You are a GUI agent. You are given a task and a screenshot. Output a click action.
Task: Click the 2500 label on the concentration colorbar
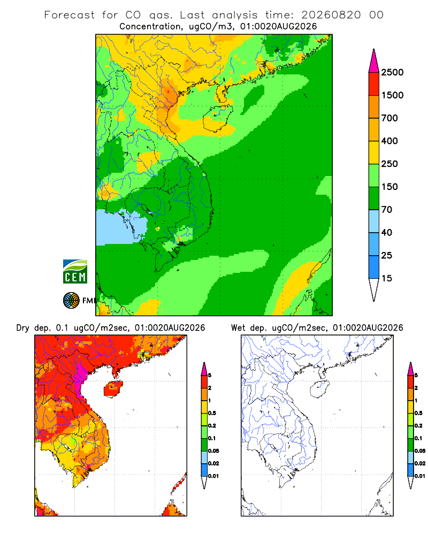[392, 72]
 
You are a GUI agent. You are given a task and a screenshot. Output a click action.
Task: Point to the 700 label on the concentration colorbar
[389, 118]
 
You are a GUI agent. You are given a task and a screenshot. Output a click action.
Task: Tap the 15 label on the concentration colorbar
[387, 278]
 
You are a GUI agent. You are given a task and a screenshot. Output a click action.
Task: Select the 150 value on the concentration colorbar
[389, 187]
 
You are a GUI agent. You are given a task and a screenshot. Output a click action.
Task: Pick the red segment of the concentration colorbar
[374, 84]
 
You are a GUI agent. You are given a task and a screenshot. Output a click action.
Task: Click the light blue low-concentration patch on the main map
[119, 227]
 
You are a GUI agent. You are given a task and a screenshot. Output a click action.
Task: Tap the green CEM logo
[75, 272]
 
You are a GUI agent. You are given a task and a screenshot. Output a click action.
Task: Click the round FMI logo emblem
[71, 300]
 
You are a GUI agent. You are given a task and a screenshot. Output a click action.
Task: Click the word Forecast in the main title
[70, 15]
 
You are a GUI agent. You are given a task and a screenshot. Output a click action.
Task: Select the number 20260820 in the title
[331, 15]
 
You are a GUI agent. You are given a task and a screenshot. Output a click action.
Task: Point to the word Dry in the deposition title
[23, 328]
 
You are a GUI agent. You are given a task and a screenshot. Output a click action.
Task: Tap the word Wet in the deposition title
[238, 328]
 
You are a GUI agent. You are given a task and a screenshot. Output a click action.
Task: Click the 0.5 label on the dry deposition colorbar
[212, 413]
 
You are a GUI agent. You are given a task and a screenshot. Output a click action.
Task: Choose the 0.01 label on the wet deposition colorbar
[420, 476]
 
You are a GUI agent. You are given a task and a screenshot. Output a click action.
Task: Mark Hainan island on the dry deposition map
[113, 389]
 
